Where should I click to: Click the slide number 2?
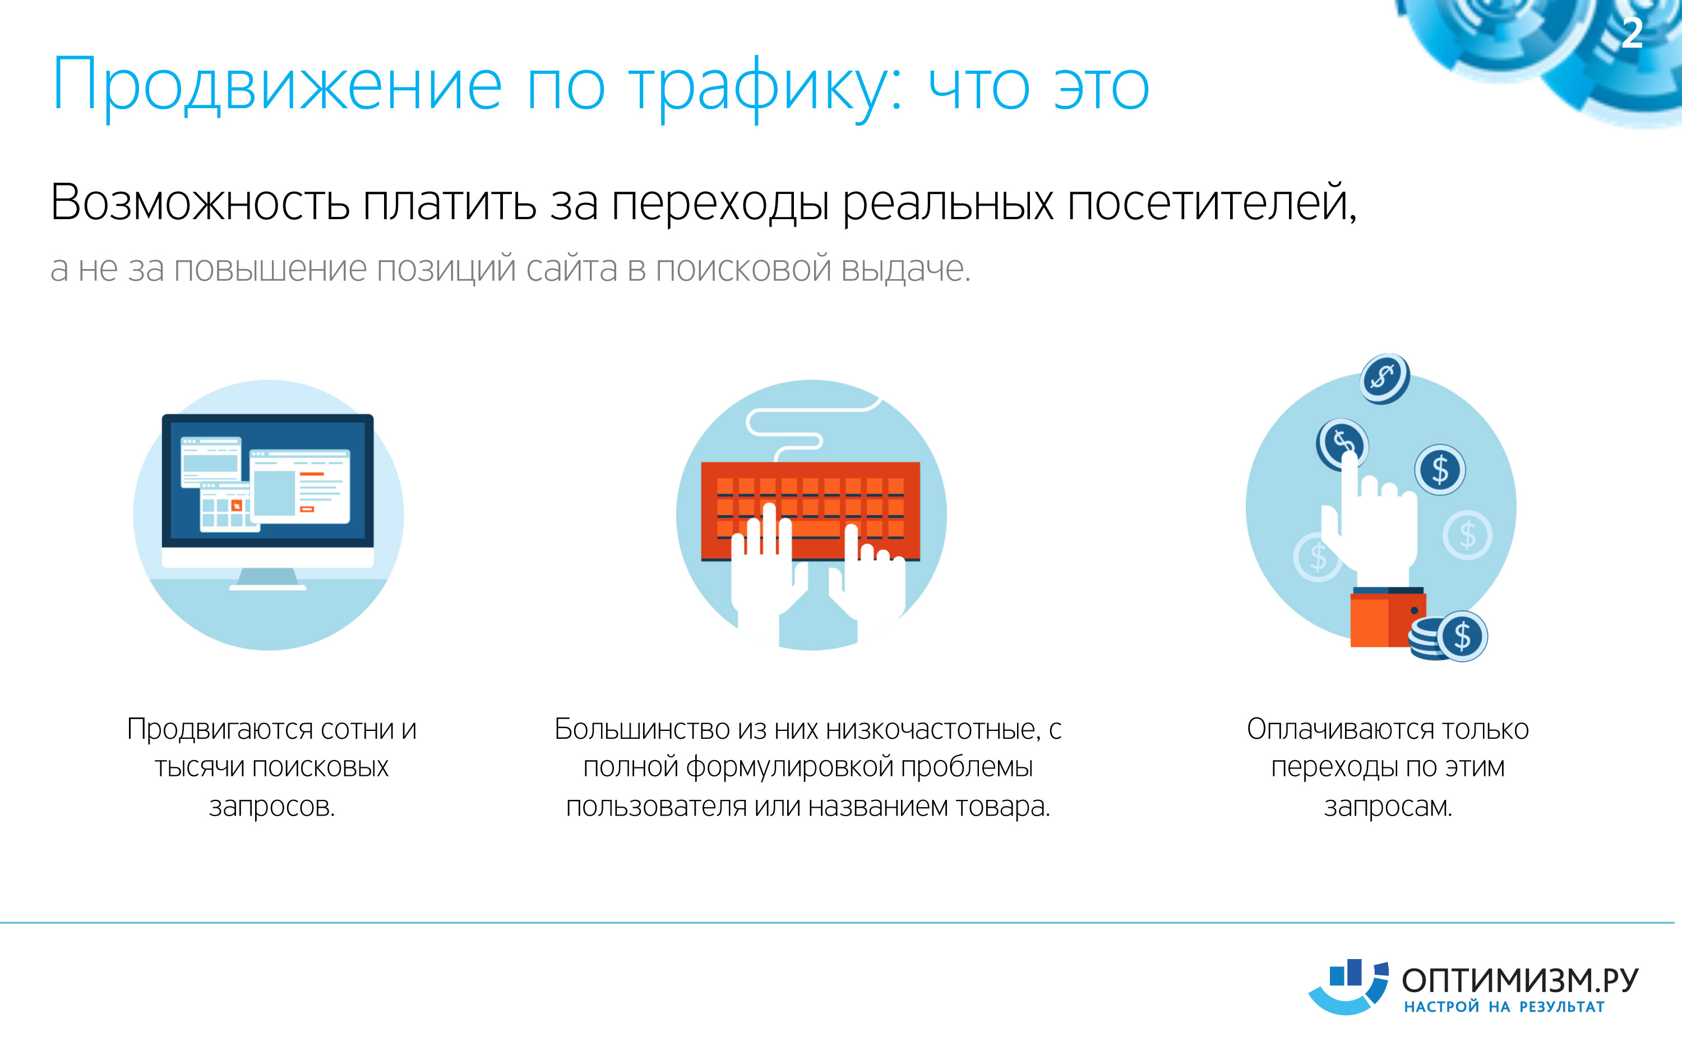pyautogui.click(x=1632, y=34)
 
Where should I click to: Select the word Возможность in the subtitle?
pyautogui.click(x=200, y=202)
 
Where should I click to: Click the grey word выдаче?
pyautogui.click(x=905, y=269)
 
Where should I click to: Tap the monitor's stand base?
pyautogui.click(x=267, y=587)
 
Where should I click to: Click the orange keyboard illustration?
pyautogui.click(x=810, y=511)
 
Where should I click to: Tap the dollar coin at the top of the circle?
pyautogui.click(x=1384, y=378)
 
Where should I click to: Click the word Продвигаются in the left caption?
pyautogui.click(x=220, y=729)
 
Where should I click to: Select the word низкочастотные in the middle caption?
pyautogui.click(x=934, y=729)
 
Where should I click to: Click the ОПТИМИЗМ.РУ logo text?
pyautogui.click(x=1520, y=981)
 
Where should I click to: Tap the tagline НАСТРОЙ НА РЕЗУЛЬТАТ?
pyautogui.click(x=1504, y=1007)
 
